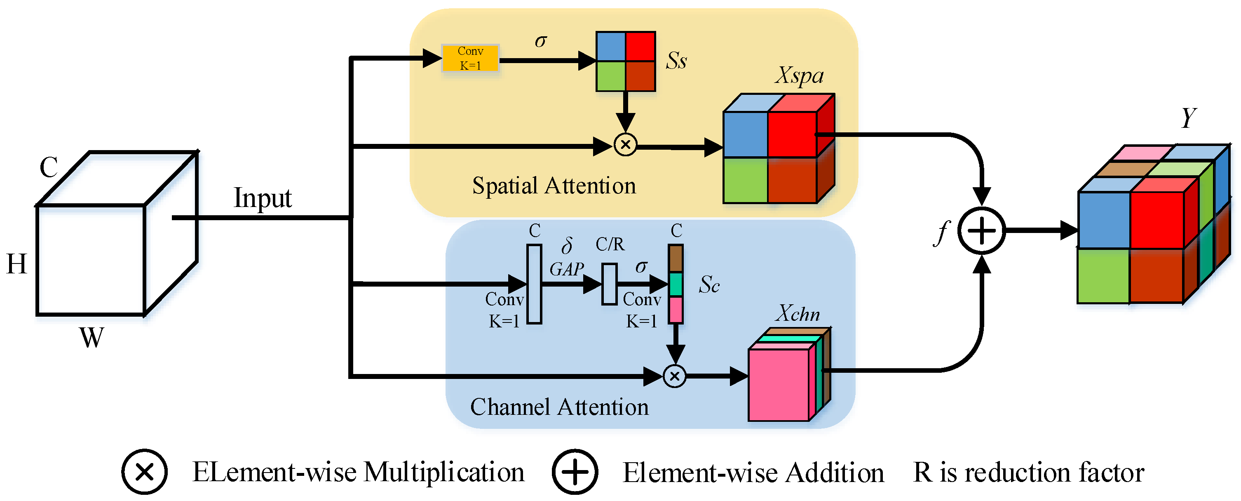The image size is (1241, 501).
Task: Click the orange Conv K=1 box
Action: [470, 58]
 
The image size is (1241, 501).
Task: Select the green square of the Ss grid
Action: [610, 76]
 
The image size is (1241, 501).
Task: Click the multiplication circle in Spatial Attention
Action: [625, 144]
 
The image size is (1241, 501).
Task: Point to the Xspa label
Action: [799, 76]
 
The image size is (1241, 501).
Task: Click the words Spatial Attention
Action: [554, 186]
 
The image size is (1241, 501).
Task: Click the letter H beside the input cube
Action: [17, 264]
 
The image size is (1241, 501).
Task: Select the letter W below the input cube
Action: [91, 338]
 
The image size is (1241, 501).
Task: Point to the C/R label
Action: [610, 245]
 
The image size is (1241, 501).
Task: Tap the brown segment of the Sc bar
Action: [676, 259]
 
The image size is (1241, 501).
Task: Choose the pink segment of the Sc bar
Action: [676, 310]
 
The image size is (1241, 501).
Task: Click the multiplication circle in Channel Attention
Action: [674, 376]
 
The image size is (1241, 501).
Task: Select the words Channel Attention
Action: [559, 407]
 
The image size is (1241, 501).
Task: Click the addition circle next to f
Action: [981, 231]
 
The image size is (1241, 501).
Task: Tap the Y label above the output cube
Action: [1189, 118]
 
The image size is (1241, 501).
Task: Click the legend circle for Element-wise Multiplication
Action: [144, 472]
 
